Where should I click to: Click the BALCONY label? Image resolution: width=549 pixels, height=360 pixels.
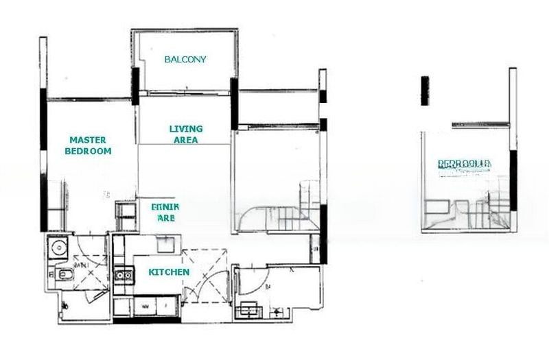[x=185, y=60]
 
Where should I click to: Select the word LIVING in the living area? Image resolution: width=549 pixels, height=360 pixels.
[x=186, y=129]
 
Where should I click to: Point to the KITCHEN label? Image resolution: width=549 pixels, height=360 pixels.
[x=169, y=272]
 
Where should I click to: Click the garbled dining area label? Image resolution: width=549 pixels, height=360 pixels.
[x=165, y=211]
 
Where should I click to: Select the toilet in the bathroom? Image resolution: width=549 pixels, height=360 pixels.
[x=65, y=276]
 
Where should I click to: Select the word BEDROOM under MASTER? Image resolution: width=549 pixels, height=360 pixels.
[x=88, y=151]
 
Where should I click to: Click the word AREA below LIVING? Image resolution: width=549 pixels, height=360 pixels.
[x=186, y=140]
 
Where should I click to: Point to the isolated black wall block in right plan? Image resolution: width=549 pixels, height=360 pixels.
[x=425, y=91]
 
